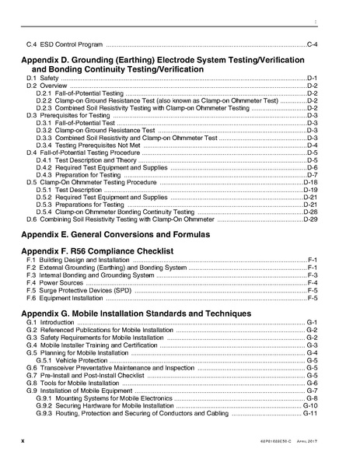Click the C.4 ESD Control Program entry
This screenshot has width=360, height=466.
64,43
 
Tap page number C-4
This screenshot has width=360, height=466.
313,43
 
